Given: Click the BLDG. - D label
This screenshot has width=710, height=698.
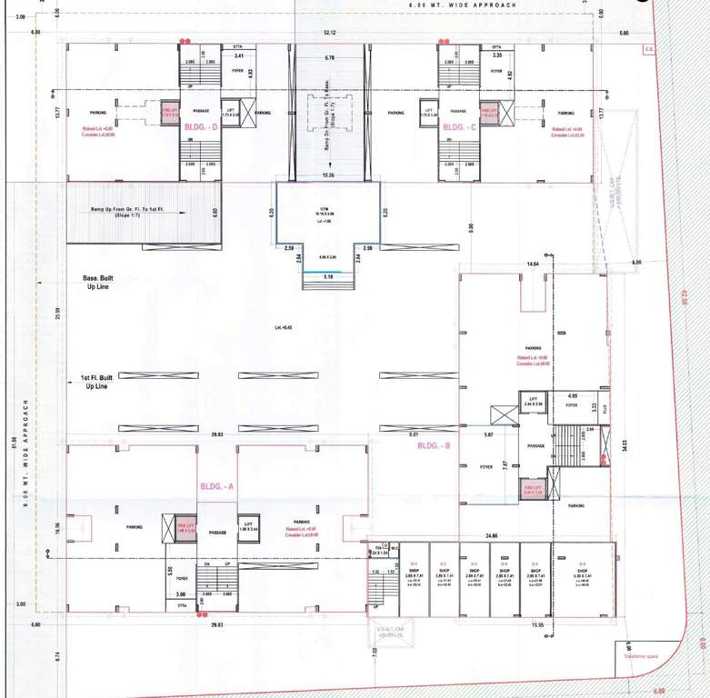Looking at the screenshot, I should [202, 128].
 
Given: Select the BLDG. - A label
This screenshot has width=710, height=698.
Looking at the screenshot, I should [217, 487].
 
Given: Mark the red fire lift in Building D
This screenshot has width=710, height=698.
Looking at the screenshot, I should [169, 112].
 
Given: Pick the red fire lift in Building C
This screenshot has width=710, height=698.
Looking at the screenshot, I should [490, 112].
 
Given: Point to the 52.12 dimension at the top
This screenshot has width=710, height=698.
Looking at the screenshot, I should [328, 34].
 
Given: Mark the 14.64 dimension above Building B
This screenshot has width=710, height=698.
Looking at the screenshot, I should [532, 264].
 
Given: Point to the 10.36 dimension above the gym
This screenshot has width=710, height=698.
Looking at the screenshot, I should [328, 174].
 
